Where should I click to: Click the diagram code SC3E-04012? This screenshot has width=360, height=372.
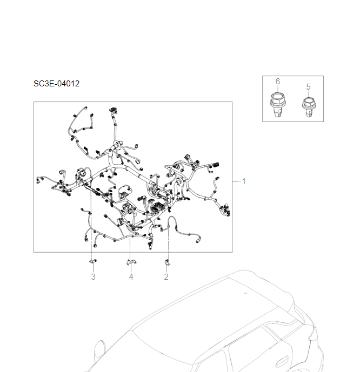[x=56, y=84]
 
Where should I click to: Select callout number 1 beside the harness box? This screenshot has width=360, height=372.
[x=243, y=181]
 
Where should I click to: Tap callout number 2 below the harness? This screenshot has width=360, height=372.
[x=166, y=277]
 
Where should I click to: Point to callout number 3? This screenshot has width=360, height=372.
[x=93, y=277]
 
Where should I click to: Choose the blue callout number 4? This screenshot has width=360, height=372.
[x=131, y=277]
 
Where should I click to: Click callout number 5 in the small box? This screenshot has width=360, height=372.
[x=308, y=86]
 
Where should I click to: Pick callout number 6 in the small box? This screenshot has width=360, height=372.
[x=277, y=81]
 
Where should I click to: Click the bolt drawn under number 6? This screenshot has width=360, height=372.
[x=277, y=104]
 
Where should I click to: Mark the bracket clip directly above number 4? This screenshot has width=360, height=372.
[x=131, y=262]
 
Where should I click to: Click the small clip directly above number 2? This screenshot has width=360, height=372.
[x=166, y=263]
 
